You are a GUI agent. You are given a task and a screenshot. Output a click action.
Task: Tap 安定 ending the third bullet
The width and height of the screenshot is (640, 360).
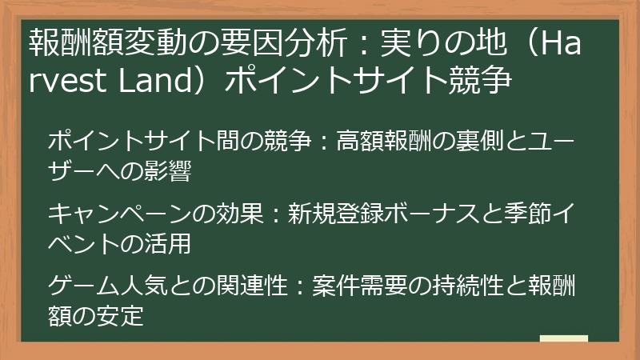tap(123, 315)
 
